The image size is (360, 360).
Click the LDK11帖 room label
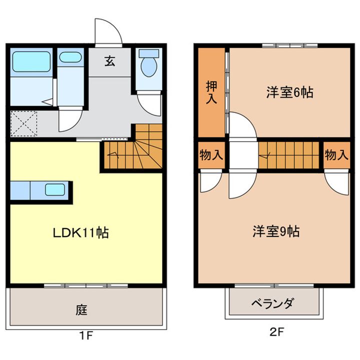pyautogui.click(x=81, y=232)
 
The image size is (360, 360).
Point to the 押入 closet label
pyautogui.click(x=212, y=92)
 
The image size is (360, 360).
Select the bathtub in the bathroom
pyautogui.click(x=31, y=61)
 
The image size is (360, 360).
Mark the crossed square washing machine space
pyautogui.click(x=24, y=123)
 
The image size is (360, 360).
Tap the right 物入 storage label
pyautogui.click(x=336, y=154)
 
